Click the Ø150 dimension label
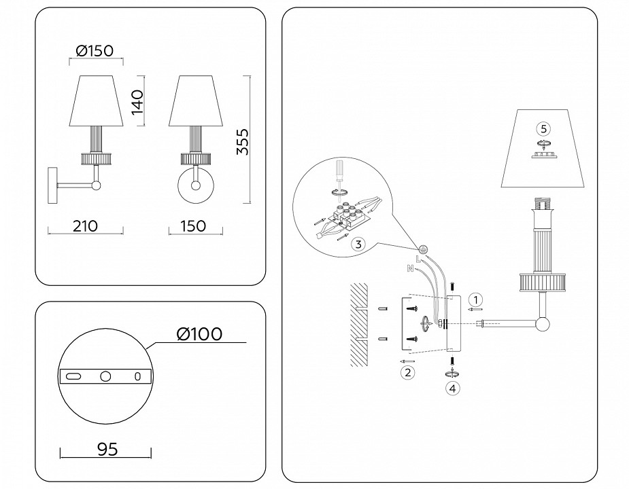click(94, 50)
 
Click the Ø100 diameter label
click(199, 334)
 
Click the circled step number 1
click(477, 299)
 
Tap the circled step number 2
click(407, 372)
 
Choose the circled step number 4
click(452, 388)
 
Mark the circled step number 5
click(542, 128)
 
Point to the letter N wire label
click(410, 269)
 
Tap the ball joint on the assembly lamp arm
click(542, 324)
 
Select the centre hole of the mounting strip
click(105, 376)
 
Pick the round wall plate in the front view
click(195, 186)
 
